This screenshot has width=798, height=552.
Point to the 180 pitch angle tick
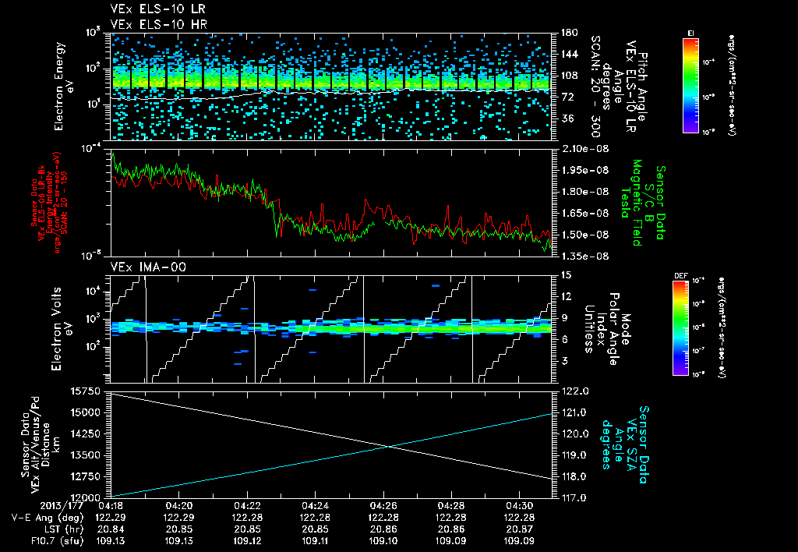pos(567,33)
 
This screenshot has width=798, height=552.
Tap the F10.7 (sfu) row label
pos(35,540)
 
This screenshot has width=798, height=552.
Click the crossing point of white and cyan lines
pos(389,446)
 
